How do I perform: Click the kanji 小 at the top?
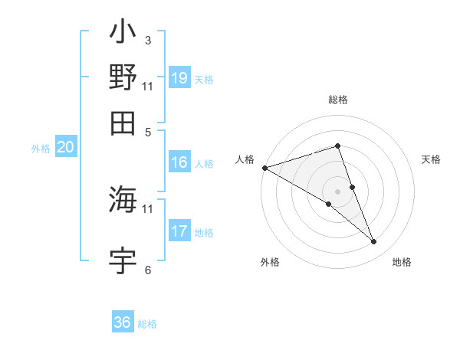pyautogui.click(x=123, y=35)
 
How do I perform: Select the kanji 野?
pyautogui.click(x=123, y=78)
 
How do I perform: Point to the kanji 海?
pyautogui.click(x=123, y=200)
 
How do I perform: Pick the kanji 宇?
pyautogui.click(x=123, y=260)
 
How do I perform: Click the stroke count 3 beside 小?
pyautogui.click(x=147, y=40)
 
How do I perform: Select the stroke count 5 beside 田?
pyautogui.click(x=147, y=131)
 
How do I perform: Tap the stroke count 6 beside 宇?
pyautogui.click(x=147, y=270)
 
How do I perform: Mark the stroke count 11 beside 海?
pyautogui.click(x=147, y=208)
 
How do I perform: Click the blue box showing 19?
pyautogui.click(x=179, y=78)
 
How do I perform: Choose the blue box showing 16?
pyautogui.click(x=179, y=162)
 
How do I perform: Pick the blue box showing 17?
pyautogui.click(x=179, y=231)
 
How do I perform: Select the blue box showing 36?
pyautogui.click(x=123, y=322)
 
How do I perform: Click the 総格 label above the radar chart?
pyautogui.click(x=337, y=100)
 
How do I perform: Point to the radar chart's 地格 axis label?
pyautogui.click(x=402, y=262)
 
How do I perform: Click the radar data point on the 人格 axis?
pyautogui.click(x=264, y=167)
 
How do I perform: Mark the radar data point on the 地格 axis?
pyautogui.click(x=373, y=242)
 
